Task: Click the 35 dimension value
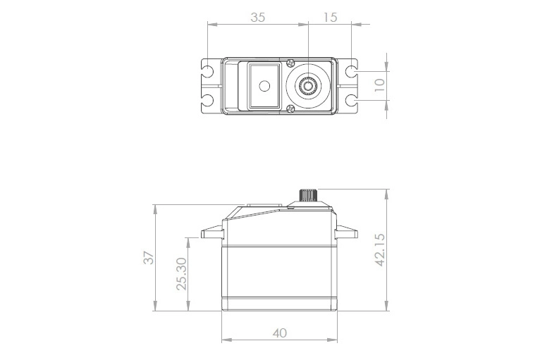pyautogui.click(x=257, y=18)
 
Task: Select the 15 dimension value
pyautogui.click(x=330, y=18)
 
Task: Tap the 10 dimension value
pyautogui.click(x=379, y=85)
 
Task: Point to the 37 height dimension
pyautogui.click(x=148, y=258)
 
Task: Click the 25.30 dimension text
pyautogui.click(x=181, y=273)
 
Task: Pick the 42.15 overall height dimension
pyautogui.click(x=380, y=249)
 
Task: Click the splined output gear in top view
pyautogui.click(x=308, y=86)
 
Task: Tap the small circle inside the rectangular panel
pyautogui.click(x=264, y=86)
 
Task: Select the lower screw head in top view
pyautogui.click(x=291, y=108)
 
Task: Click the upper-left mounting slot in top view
pyautogui.click(x=209, y=71)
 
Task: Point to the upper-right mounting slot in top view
pyautogui.click(x=351, y=71)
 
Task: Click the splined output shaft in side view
pyautogui.click(x=309, y=195)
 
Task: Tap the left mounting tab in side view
pyautogui.click(x=211, y=232)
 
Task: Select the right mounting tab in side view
pyautogui.click(x=347, y=232)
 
